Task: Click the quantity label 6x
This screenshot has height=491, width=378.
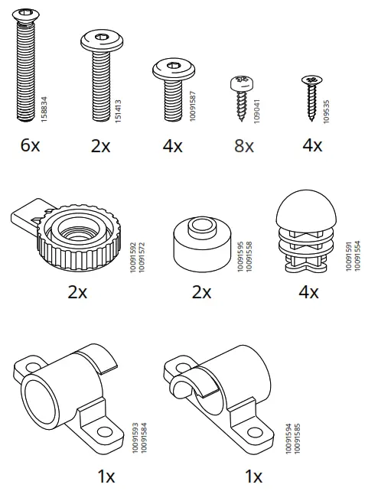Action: pyautogui.click(x=29, y=145)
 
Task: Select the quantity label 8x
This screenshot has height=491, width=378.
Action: pyautogui.click(x=243, y=145)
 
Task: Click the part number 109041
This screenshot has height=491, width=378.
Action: pyautogui.click(x=256, y=108)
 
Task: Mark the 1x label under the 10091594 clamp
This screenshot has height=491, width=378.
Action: pyautogui.click(x=253, y=476)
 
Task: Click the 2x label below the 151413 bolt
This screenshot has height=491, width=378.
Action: pyautogui.click(x=100, y=145)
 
